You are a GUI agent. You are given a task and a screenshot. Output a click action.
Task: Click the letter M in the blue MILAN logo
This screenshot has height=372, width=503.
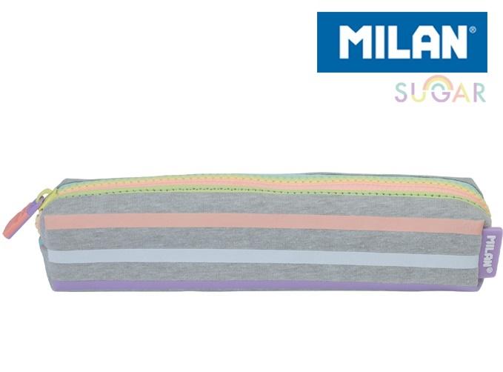coord(357,42)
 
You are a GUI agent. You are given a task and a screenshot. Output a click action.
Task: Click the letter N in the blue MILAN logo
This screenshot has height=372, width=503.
coord(454,42)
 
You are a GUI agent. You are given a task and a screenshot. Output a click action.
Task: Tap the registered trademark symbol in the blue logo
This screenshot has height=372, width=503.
coord(472,30)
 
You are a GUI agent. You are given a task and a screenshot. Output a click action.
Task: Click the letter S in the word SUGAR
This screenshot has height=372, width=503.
coord(401,93)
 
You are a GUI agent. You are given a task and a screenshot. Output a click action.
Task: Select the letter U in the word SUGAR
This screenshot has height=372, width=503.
coord(419,93)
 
